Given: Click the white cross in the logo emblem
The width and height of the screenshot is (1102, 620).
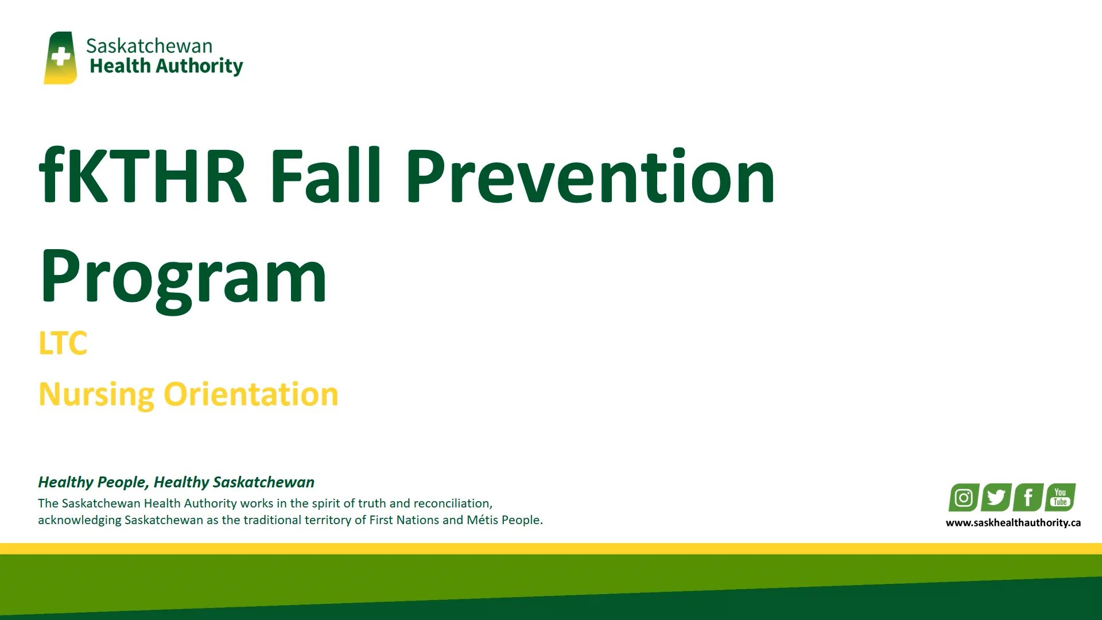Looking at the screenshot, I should (60, 57).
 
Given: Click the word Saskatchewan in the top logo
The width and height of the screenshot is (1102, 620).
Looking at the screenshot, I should (149, 46).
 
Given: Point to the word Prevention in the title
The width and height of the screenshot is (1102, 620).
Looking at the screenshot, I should (591, 177).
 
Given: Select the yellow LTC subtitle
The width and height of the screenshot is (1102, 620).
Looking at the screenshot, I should (63, 343).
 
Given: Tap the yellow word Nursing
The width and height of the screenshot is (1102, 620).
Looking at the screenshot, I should (96, 395).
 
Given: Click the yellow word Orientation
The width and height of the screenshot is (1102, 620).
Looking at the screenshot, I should (251, 395).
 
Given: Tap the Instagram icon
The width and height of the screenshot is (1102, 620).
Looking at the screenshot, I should (964, 497).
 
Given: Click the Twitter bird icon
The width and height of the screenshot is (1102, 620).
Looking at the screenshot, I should (996, 497).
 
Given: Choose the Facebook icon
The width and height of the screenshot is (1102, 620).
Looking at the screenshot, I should (1028, 497).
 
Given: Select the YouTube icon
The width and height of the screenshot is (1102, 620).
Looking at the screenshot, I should (1060, 497).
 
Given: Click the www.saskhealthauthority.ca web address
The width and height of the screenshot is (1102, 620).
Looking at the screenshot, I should (1013, 523).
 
